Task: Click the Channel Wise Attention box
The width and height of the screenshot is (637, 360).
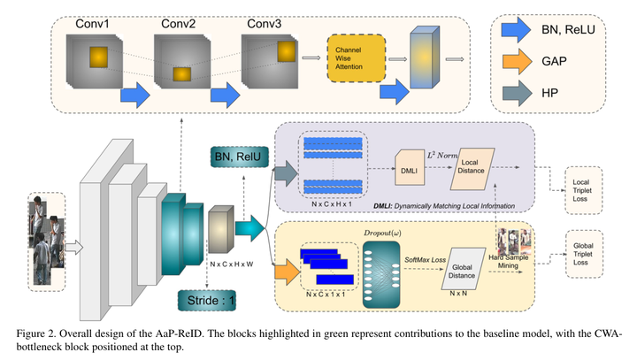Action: pyautogui.click(x=356, y=60)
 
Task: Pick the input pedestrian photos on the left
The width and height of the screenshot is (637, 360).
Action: pyautogui.click(x=45, y=238)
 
